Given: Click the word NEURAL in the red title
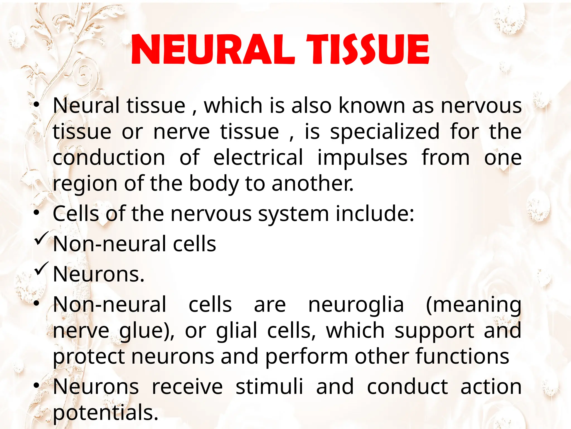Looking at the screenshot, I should tap(212, 49).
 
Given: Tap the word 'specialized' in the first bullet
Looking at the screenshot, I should tap(384, 132).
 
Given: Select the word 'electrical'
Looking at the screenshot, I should tap(258, 158).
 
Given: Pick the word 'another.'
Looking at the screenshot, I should tap(312, 184).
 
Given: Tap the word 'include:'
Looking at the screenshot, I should tap(375, 214).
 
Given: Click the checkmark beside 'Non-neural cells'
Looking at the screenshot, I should tap(41, 238).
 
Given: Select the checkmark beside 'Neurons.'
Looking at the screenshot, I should tap(41, 268).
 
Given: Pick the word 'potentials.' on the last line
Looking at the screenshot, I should tap(105, 413).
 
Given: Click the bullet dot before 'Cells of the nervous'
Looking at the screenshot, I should tap(36, 213).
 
